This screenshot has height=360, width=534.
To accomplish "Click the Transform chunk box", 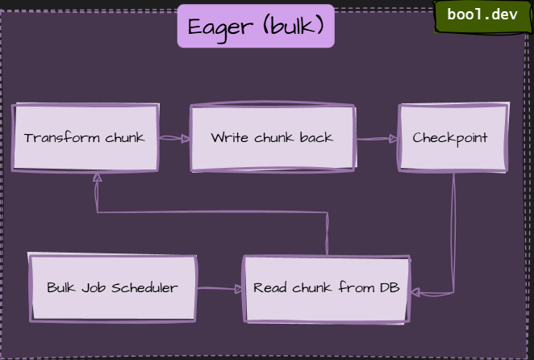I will (86, 138).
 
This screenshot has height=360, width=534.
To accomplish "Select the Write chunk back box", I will (272, 138).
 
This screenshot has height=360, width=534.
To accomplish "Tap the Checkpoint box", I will (452, 138).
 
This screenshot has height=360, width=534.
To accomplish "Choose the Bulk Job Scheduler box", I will (113, 288).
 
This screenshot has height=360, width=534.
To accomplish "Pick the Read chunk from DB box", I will (326, 288).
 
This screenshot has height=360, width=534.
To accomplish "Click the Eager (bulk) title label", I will (256, 27).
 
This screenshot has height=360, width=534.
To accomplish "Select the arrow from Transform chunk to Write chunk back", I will (174, 138).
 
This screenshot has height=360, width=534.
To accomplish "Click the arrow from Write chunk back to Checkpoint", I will (377, 138).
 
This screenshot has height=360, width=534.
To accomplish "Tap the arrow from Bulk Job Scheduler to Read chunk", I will (219, 288).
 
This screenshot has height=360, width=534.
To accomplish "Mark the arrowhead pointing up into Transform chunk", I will (97, 178).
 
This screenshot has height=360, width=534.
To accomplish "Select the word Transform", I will (52, 138).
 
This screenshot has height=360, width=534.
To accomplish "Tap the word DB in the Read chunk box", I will (390, 288).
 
